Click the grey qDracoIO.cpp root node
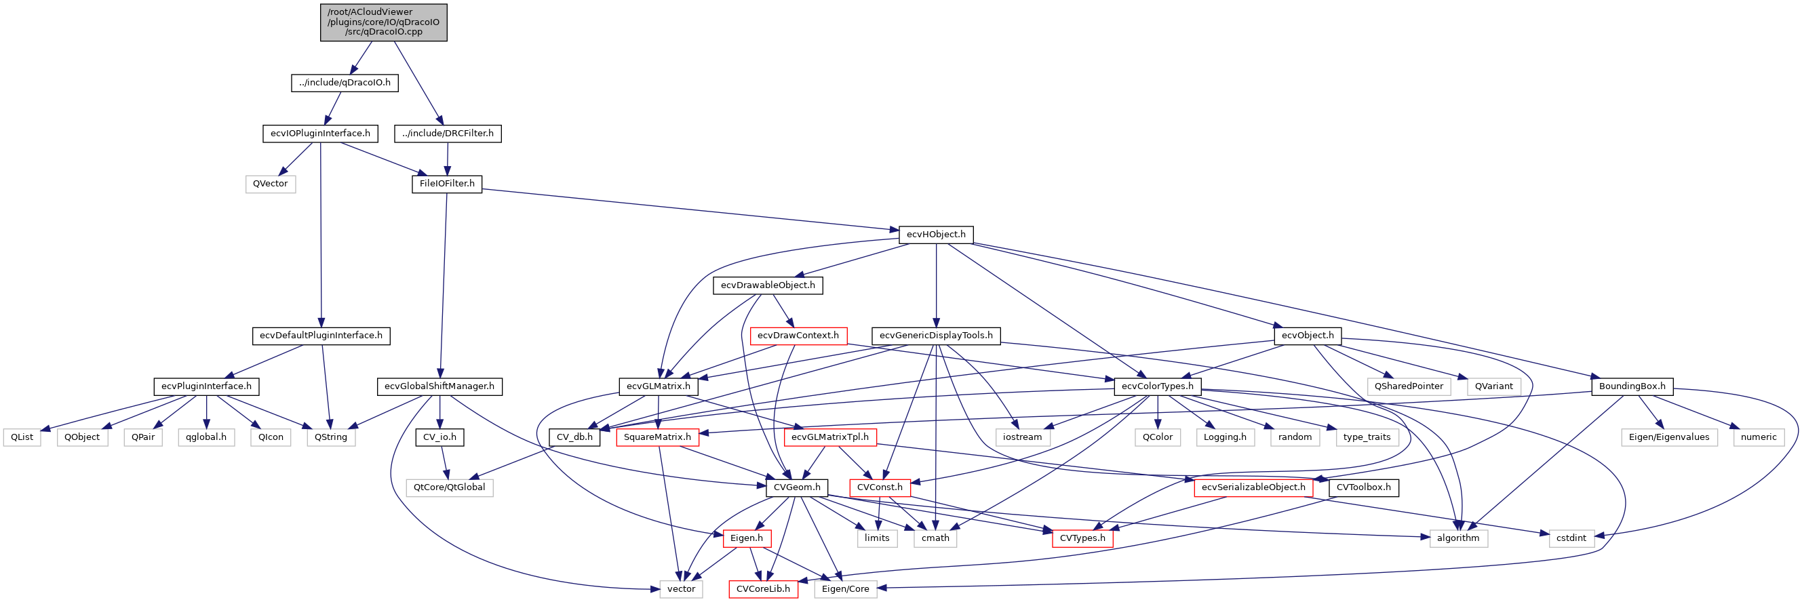[383, 22]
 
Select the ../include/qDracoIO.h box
[345, 83]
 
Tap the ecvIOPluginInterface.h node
[320, 134]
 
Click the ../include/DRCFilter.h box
[448, 134]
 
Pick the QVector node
[270, 184]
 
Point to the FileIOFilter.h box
[447, 184]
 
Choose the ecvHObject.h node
[936, 235]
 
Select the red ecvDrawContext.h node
[798, 336]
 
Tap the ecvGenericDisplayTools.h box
[936, 336]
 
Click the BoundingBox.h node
[1632, 386]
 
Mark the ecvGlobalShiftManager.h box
[439, 386]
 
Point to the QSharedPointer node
[1409, 386]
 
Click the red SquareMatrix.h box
[658, 438]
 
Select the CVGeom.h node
[797, 487]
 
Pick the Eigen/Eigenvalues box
[1668, 438]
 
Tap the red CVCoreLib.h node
[763, 589]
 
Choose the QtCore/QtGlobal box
[449, 487]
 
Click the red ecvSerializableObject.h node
[1253, 487]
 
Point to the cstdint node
[1571, 538]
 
